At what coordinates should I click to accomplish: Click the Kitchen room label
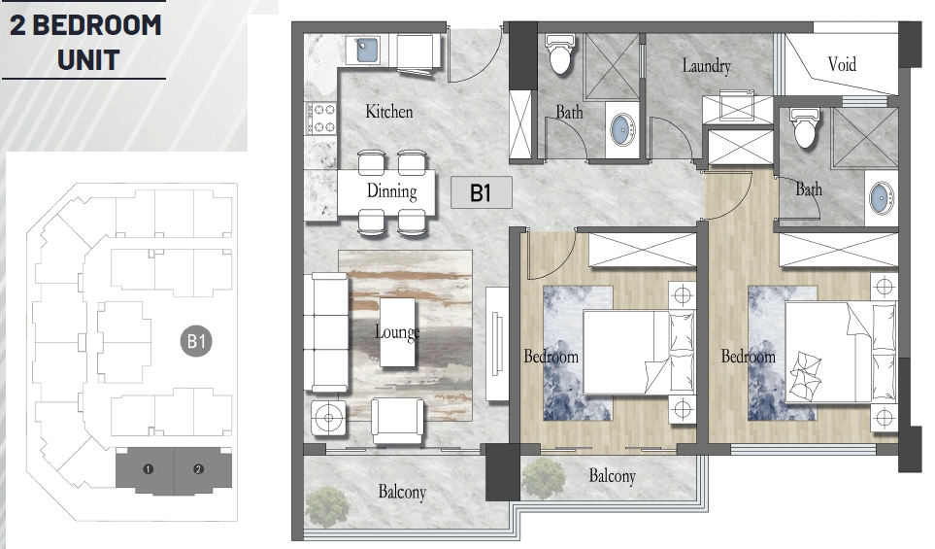[x=388, y=112]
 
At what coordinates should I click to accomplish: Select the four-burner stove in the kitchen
[x=320, y=119]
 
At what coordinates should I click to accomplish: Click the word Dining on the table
[x=392, y=191]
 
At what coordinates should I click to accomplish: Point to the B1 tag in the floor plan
[x=482, y=192]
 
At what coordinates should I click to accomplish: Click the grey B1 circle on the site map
[x=196, y=341]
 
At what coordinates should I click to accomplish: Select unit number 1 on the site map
[x=148, y=469]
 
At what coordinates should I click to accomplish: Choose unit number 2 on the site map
[x=199, y=469]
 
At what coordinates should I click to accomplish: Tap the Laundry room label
[x=707, y=66]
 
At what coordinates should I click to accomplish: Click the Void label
[x=842, y=64]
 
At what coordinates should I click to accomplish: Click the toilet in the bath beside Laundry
[x=560, y=53]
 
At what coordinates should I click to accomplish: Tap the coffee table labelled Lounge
[x=397, y=332]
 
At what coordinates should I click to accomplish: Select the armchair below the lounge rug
[x=398, y=421]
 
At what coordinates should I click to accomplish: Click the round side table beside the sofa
[x=328, y=418]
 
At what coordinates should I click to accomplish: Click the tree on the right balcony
[x=543, y=477]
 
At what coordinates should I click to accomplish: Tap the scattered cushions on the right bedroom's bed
[x=805, y=376]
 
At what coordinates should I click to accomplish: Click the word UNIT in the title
[x=89, y=60]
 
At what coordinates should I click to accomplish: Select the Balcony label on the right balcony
[x=613, y=475]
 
